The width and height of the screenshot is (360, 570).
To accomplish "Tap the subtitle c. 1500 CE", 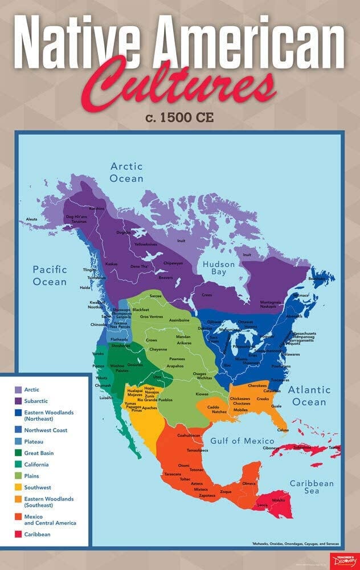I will pyautogui.click(x=180, y=119).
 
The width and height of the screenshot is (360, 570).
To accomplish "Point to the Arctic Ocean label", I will pyautogui.click(x=126, y=172).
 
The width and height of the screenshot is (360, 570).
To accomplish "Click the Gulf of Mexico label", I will pyautogui.click(x=242, y=441).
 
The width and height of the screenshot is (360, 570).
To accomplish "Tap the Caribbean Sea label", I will pyautogui.click(x=312, y=488).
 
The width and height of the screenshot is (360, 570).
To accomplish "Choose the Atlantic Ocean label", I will pyautogui.click(x=309, y=396).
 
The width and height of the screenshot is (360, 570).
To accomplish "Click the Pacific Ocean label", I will pyautogui.click(x=50, y=275).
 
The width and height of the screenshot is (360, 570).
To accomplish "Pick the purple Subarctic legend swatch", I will pyautogui.click(x=18, y=401).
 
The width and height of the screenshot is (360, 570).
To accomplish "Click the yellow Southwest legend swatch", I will pyautogui.click(x=18, y=488).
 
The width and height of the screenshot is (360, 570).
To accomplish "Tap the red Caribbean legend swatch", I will pyautogui.click(x=18, y=535).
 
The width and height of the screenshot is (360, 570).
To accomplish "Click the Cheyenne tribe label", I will pyautogui.click(x=158, y=349).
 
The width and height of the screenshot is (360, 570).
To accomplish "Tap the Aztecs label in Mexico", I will pyautogui.click(x=197, y=483).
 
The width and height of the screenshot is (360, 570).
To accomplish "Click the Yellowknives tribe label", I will pyautogui.click(x=145, y=244).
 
